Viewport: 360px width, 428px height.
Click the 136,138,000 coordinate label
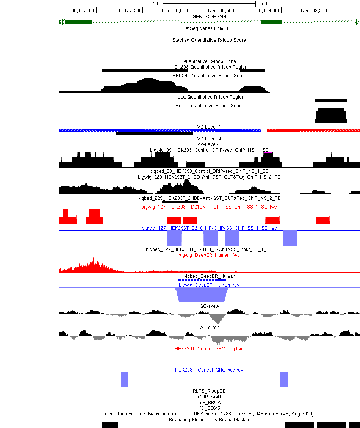tap(174, 10)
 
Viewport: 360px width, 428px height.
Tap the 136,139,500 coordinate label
tap(313, 10)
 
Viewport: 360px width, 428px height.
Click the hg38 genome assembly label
tap(264, 3)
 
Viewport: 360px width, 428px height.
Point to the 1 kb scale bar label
tap(157, 3)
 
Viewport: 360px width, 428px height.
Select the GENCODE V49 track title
tap(209, 16)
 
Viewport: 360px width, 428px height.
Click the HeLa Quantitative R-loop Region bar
tap(331, 101)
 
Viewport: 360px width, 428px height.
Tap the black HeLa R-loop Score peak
tap(331, 116)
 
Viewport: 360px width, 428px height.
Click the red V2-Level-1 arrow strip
tap(313, 131)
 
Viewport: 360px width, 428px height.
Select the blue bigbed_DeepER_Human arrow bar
tap(202, 280)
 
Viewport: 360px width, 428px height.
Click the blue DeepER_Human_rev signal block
tap(202, 295)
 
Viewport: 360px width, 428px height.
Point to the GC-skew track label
tap(209, 306)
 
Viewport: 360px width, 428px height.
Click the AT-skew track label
tap(209, 328)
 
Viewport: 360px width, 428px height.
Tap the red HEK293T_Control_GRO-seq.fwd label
tap(209, 349)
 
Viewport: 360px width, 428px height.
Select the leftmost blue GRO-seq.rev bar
tap(125, 380)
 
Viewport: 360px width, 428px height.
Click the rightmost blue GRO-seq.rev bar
tap(284, 380)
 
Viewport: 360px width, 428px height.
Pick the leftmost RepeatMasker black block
tap(110, 425)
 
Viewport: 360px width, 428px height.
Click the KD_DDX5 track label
tap(209, 408)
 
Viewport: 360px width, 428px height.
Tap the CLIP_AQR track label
tap(209, 397)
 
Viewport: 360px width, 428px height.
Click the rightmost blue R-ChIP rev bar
tap(290, 238)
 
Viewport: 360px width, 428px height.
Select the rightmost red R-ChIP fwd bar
tap(322, 221)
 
